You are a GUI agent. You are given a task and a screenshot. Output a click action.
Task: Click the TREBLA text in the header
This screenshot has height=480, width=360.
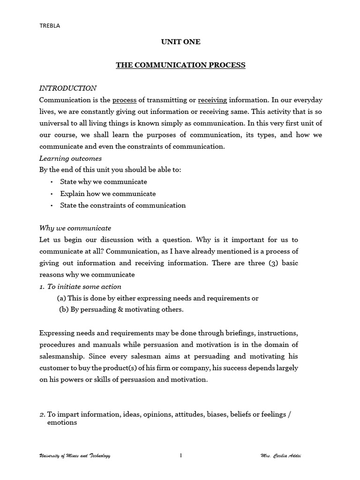pos(49,26)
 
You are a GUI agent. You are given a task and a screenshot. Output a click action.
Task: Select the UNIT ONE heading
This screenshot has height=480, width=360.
pos(180,42)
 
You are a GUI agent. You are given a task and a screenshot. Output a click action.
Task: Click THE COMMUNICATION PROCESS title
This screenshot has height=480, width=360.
pos(180,65)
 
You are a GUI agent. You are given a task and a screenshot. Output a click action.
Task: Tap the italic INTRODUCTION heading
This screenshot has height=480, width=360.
pos(68,88)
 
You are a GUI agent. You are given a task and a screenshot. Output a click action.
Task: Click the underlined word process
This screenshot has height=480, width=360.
pos(124,100)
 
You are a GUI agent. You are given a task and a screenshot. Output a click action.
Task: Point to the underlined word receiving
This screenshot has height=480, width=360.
pos(212,100)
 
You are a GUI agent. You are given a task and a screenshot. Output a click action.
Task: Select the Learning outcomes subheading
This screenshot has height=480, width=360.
pos(70,158)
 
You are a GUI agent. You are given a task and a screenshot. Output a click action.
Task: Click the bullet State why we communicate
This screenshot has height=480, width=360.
pos(104,182)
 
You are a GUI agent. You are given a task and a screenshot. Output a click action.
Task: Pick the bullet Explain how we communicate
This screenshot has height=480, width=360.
pos(108,194)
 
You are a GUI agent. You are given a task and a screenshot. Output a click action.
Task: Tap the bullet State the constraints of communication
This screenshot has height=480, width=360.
pos(123,205)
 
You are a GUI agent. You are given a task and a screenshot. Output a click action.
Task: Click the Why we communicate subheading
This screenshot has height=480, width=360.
pos(75,228)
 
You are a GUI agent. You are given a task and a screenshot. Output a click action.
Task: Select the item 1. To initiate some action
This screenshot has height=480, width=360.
pos(80,286)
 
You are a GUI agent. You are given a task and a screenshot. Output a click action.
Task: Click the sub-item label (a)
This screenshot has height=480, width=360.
pos(61,298)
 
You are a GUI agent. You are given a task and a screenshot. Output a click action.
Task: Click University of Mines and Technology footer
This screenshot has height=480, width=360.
pos(75,456)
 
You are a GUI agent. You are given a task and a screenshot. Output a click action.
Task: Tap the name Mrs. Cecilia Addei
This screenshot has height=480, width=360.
pos(281,456)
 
